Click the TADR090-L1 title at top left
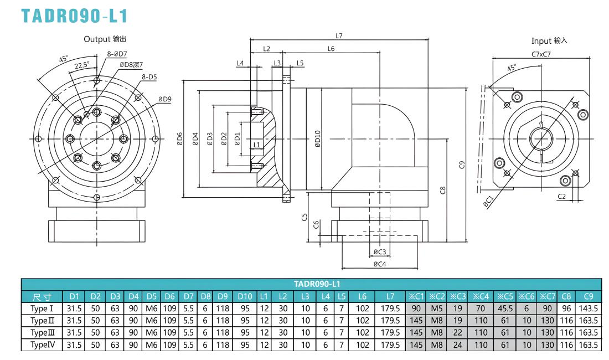click(x=74, y=16)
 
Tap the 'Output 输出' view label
click(x=105, y=39)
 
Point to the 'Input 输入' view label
click(x=549, y=41)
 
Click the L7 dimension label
click(x=339, y=36)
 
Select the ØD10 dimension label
click(x=318, y=138)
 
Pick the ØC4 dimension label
click(x=380, y=264)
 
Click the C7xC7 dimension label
click(x=541, y=54)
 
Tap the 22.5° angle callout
click(x=82, y=65)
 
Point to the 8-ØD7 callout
click(x=117, y=54)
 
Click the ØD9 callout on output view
click(x=164, y=99)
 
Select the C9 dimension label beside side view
click(x=462, y=164)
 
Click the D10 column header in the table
click(x=245, y=296)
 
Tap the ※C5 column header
click(x=505, y=296)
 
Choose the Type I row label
click(x=42, y=308)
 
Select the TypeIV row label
click(x=43, y=345)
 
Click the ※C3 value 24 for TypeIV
click(x=458, y=345)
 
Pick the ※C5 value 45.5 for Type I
click(x=505, y=308)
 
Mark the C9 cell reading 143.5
click(x=589, y=308)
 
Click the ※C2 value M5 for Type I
click(x=437, y=308)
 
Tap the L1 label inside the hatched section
click(x=257, y=145)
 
